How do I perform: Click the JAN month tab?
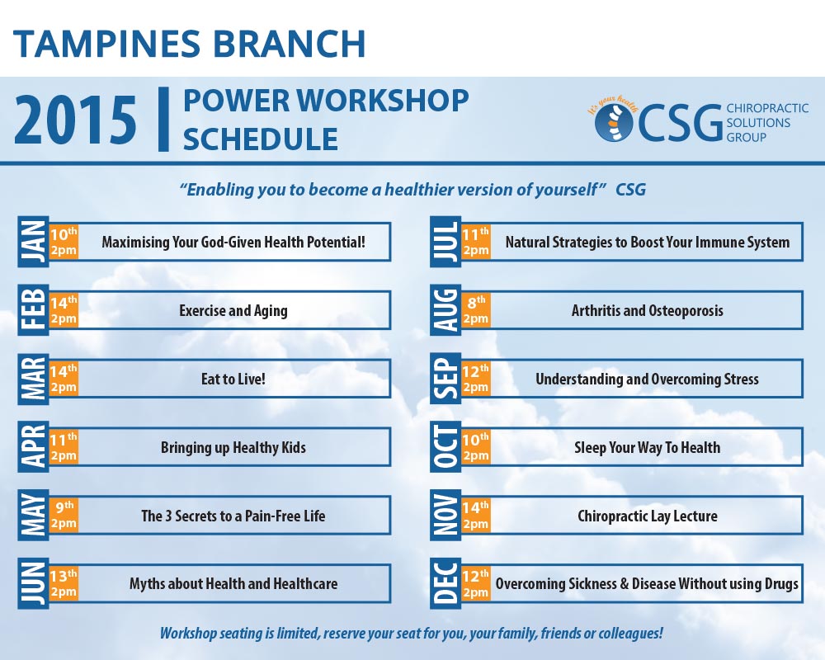tap(33, 242)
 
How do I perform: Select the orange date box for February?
tap(64, 310)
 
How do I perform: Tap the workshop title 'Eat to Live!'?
tap(233, 379)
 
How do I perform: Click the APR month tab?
tap(33, 447)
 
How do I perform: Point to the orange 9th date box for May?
tap(64, 516)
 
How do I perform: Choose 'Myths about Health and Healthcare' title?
tap(233, 583)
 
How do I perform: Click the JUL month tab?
tap(445, 242)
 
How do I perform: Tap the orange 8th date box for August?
tap(476, 310)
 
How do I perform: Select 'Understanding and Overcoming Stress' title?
tap(647, 379)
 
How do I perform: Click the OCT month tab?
tap(445, 447)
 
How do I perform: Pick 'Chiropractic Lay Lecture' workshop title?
tap(647, 516)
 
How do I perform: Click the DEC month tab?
tap(445, 583)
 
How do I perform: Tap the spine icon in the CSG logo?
tap(614, 123)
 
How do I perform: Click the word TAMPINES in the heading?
tap(106, 44)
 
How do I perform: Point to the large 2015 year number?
tap(75, 120)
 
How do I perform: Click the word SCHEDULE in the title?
tap(261, 139)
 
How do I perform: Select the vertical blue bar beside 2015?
tap(163, 120)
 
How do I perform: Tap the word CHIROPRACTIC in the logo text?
tap(767, 108)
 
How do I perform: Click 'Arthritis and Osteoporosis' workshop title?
tap(647, 310)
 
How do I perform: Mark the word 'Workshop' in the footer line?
tap(188, 633)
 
